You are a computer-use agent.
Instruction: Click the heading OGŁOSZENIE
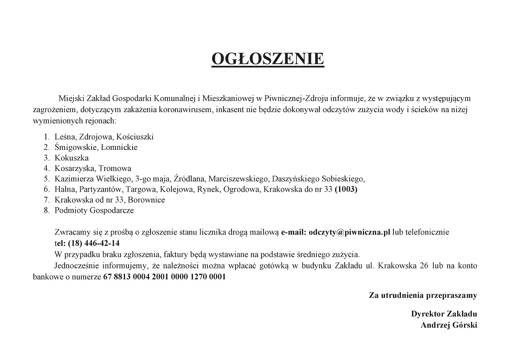268,59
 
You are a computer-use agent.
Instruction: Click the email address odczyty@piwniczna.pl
349,232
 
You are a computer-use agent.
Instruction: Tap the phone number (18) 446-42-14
87,243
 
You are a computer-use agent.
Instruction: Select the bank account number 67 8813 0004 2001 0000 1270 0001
164,277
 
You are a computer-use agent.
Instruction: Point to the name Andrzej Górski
449,325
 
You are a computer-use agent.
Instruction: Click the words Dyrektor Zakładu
444,314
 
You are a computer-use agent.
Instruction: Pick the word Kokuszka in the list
72,158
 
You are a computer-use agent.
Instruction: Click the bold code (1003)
346,189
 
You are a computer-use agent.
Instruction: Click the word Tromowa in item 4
115,168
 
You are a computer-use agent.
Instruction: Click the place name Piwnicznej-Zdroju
294,98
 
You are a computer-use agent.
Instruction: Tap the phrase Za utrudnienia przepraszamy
423,295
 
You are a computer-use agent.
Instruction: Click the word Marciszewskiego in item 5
237,179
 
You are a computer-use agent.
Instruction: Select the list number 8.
46,210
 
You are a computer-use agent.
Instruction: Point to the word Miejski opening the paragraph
70,98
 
